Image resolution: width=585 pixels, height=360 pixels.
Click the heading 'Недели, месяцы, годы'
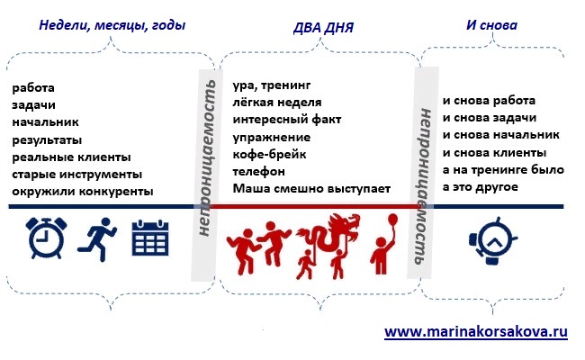[x=112, y=26]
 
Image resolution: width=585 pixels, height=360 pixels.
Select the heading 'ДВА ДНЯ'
[x=323, y=28]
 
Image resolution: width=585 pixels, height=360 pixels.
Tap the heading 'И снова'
[x=491, y=25]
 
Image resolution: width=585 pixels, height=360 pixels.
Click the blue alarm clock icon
[x=46, y=238]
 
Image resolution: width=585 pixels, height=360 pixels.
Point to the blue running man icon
[x=97, y=239]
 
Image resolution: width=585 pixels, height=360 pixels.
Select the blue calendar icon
[x=150, y=238]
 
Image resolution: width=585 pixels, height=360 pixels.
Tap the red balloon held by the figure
[x=392, y=220]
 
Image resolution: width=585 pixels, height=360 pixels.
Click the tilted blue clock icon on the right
[x=492, y=240]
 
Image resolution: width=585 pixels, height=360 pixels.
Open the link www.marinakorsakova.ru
[x=476, y=331]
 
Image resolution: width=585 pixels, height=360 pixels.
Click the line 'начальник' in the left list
[x=46, y=122]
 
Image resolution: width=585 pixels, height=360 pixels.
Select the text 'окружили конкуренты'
[x=83, y=192]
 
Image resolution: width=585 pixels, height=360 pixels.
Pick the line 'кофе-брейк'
[x=269, y=155]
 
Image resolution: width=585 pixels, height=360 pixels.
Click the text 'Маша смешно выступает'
[x=311, y=189]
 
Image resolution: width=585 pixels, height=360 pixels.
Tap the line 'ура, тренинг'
[x=272, y=85]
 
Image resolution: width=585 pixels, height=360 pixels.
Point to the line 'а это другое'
[x=481, y=187]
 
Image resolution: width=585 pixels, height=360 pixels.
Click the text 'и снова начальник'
[x=501, y=135]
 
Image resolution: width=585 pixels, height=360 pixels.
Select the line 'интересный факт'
[x=287, y=120]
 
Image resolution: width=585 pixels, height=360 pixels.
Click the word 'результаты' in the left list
[x=47, y=140]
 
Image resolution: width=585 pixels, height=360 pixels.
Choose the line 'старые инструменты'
[x=76, y=175]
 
